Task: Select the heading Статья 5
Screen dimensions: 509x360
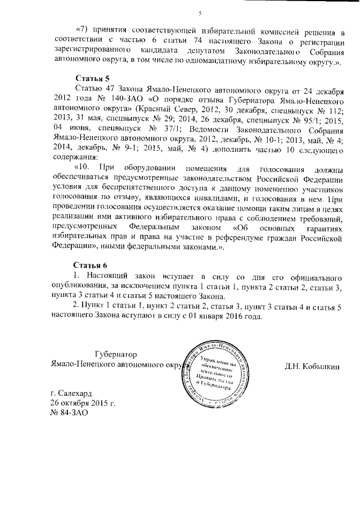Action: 90,78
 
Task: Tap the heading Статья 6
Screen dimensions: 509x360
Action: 90,265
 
